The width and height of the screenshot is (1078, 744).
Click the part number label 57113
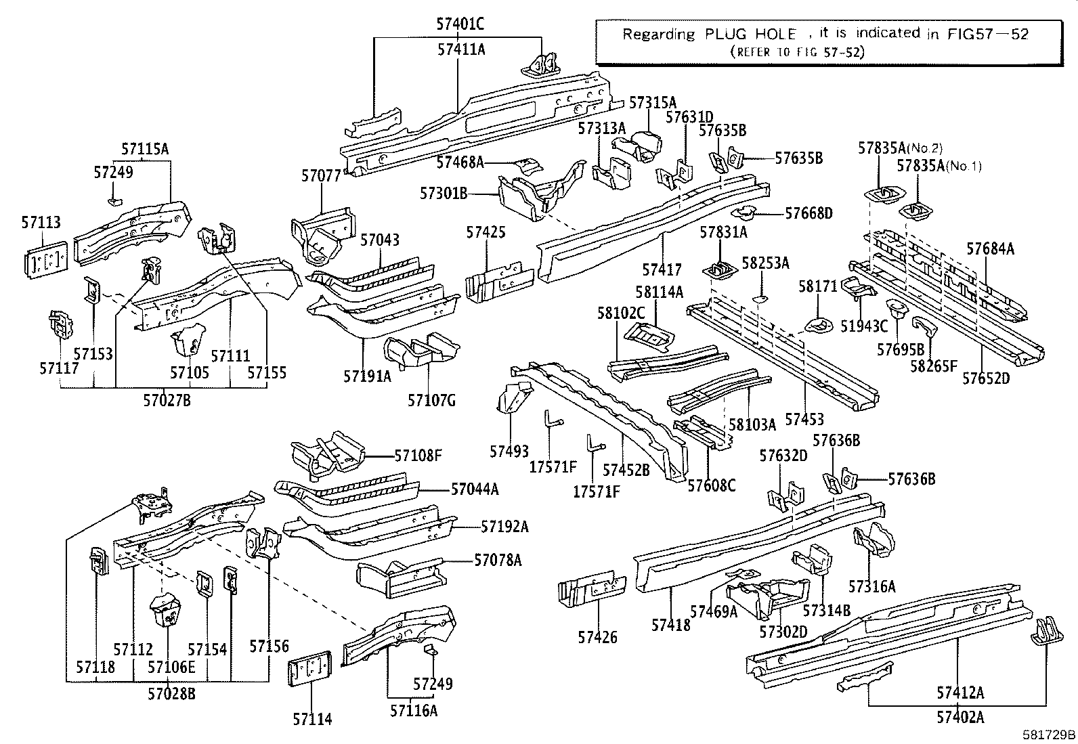pyautogui.click(x=41, y=222)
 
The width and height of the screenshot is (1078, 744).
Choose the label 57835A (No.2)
pyautogui.click(x=900, y=148)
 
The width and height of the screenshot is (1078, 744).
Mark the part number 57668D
pyautogui.click(x=808, y=213)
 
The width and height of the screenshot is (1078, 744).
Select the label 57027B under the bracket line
pyautogui.click(x=167, y=400)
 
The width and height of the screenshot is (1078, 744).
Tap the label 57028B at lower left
pyautogui.click(x=171, y=694)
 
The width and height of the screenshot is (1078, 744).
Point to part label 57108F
pyautogui.click(x=418, y=456)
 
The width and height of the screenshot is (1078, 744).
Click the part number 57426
pyautogui.click(x=597, y=636)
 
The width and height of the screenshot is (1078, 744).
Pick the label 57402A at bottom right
pyautogui.click(x=960, y=717)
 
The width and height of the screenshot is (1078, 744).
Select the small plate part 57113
pyautogui.click(x=45, y=259)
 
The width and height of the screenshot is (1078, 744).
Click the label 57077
pyautogui.click(x=321, y=176)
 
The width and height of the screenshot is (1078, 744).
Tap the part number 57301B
pyautogui.click(x=444, y=194)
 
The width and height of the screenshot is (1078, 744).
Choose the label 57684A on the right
pyautogui.click(x=990, y=249)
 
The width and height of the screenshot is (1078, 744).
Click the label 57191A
pyautogui.click(x=367, y=376)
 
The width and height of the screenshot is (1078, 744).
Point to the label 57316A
pyautogui.click(x=871, y=586)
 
